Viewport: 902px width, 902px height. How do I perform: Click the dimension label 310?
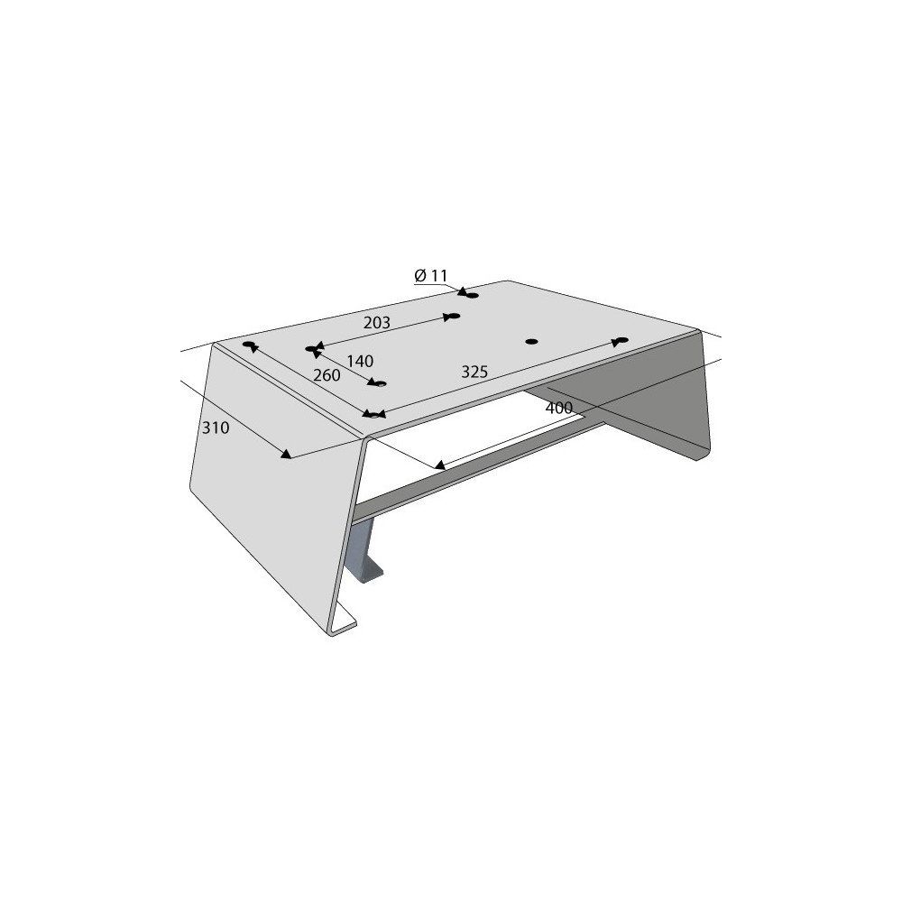pyautogui.click(x=216, y=428)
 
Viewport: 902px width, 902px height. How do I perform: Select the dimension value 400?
pyautogui.click(x=559, y=408)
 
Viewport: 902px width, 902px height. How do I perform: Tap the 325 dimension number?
pyautogui.click(x=474, y=373)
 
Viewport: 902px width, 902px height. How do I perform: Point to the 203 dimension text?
pyautogui.click(x=377, y=323)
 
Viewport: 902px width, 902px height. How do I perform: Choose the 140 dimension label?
pyautogui.click(x=360, y=362)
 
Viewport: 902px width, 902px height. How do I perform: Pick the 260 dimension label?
pyautogui.click(x=327, y=375)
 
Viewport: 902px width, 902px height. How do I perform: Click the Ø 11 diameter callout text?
pyautogui.click(x=431, y=276)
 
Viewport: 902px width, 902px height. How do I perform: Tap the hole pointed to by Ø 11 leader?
pyautogui.click(x=473, y=296)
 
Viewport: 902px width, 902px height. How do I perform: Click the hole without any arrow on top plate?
pyautogui.click(x=532, y=342)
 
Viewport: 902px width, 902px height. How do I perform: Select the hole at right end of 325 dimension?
pyautogui.click(x=621, y=341)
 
